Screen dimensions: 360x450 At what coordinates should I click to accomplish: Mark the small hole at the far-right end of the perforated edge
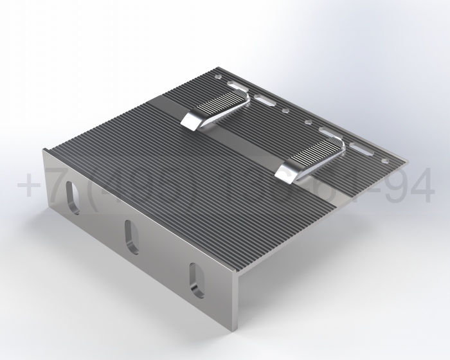[x=385, y=161]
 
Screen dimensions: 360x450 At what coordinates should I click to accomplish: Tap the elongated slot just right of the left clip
[x=264, y=100]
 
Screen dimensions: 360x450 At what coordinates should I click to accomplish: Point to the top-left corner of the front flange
[x=44, y=150]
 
